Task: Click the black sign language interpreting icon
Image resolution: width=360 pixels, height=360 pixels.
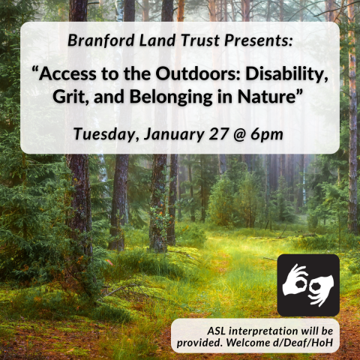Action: pos(308,285)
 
